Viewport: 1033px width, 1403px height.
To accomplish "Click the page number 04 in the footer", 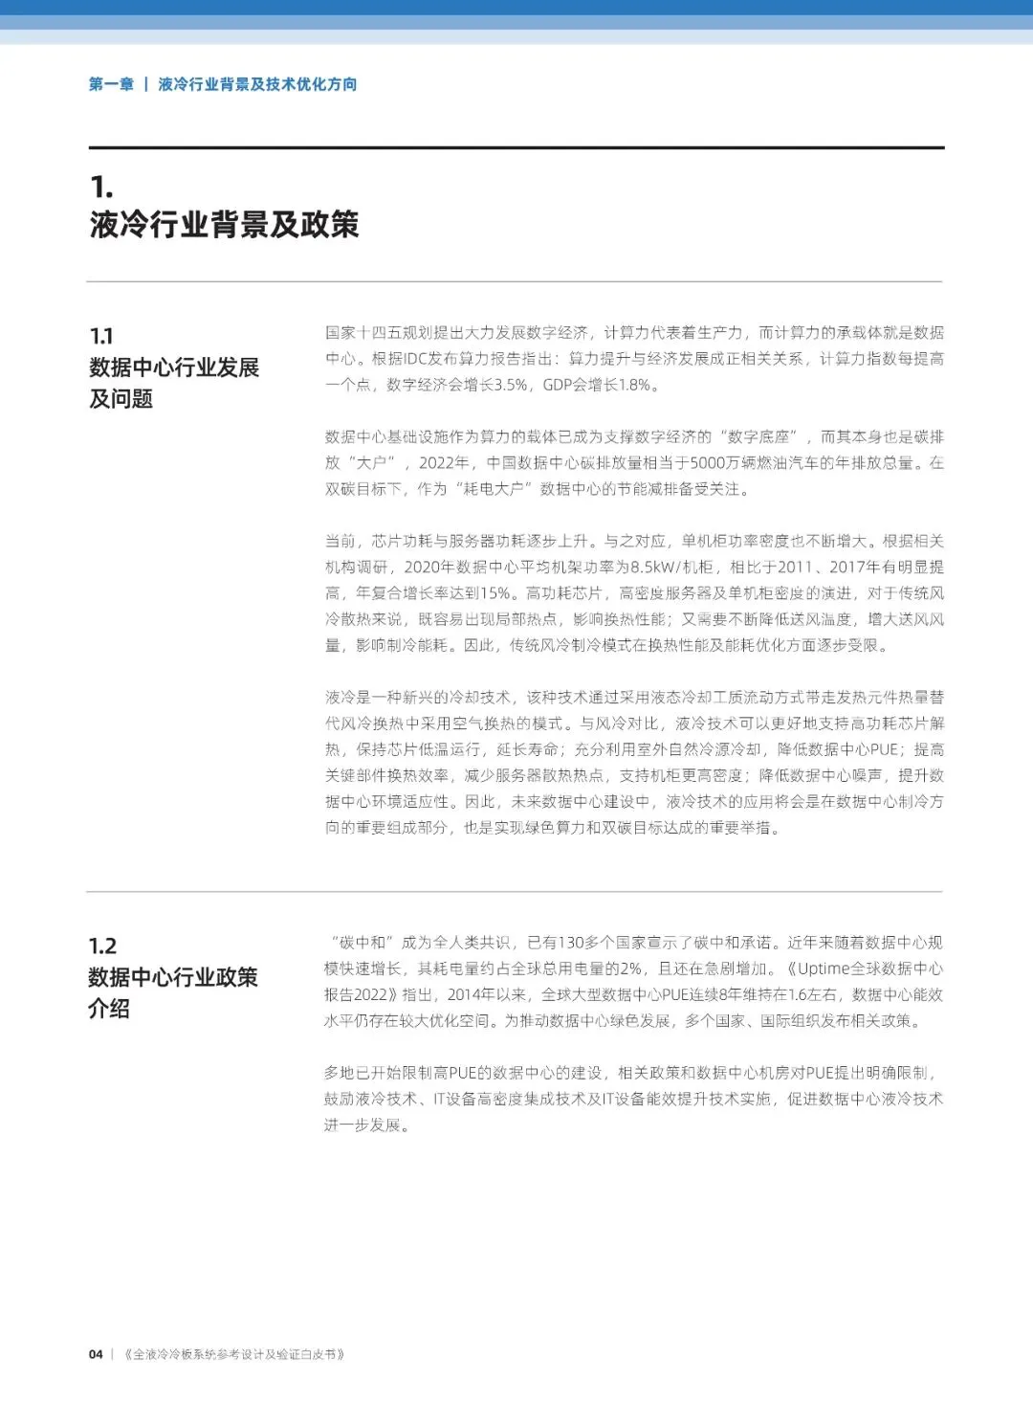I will click(x=96, y=1354).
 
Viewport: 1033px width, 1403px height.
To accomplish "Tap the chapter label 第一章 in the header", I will click(x=111, y=84).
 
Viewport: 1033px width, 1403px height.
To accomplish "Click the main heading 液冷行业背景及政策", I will click(x=225, y=224).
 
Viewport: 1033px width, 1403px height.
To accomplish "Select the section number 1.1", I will click(x=101, y=336).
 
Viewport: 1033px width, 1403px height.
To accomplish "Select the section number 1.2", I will click(x=102, y=946).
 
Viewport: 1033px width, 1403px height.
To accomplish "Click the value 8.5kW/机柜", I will click(x=671, y=568).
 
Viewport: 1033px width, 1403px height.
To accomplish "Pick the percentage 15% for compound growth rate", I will click(x=494, y=593).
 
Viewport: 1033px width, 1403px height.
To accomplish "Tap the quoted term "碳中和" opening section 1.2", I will click(x=360, y=943).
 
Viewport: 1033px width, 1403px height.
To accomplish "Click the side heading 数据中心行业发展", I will click(x=174, y=367).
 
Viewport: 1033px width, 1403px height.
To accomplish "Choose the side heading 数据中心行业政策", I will click(x=173, y=977).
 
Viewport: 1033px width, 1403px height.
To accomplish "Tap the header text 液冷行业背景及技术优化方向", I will click(x=257, y=84).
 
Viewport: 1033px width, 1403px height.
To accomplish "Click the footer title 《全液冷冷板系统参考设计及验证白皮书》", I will click(x=234, y=1354).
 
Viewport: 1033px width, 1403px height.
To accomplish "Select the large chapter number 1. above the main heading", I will click(x=101, y=187).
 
